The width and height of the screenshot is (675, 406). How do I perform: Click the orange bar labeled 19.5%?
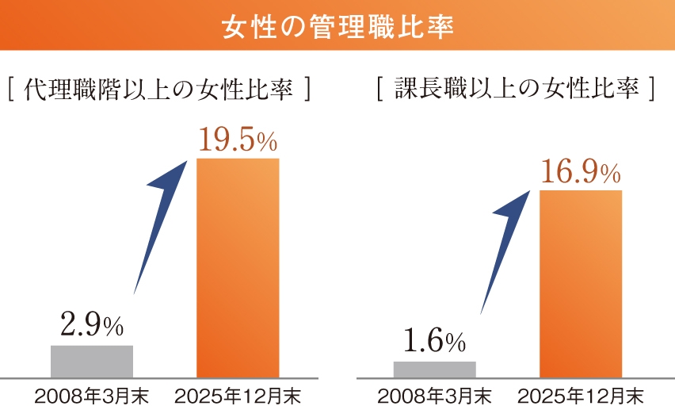[x=238, y=267]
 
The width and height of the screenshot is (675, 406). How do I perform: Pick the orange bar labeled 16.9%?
[x=581, y=283]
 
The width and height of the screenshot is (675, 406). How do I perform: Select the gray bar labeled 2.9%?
[x=92, y=361]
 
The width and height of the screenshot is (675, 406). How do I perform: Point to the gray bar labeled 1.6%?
[x=434, y=369]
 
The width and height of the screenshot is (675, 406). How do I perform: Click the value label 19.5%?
[x=237, y=140]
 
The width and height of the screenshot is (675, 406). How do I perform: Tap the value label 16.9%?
[x=580, y=173]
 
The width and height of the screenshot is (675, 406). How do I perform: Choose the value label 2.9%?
[x=91, y=325]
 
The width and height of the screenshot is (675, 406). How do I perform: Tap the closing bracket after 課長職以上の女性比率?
[x=651, y=90]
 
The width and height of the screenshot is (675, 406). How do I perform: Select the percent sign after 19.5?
[x=266, y=144]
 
